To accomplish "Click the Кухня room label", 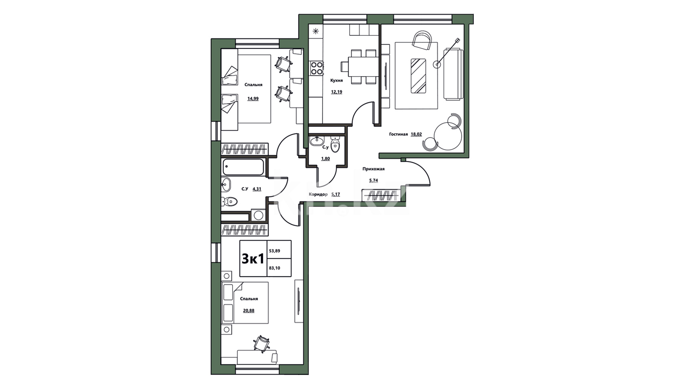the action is point(337,81).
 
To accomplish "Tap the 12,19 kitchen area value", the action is point(337,91).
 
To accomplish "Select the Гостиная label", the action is point(398,134).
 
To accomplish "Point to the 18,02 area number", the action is point(416,134).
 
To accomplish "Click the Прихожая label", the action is point(373,169).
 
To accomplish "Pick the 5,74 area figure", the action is point(373,180).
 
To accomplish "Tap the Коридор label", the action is point(318,194).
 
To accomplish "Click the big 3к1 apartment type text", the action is point(253,259).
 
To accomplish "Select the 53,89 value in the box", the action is point(274,251).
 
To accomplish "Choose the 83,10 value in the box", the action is point(274,268).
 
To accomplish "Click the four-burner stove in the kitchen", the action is point(317,69).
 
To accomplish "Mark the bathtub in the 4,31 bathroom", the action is point(243,167).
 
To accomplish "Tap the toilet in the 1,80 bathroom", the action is point(335,145).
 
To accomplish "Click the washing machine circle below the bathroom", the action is point(258,215).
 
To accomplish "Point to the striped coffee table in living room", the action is point(418,75).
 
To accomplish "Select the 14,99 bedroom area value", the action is point(253,99).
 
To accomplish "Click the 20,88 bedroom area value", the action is point(249,311).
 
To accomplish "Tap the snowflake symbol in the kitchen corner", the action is point(316,31).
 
